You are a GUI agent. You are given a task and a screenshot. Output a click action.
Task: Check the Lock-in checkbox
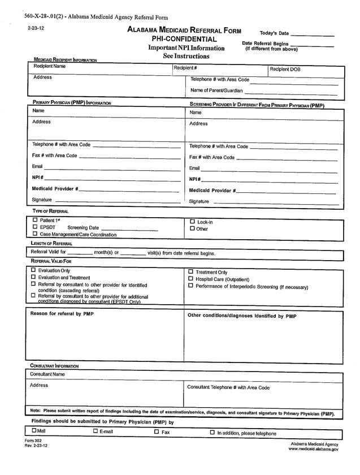coord(192,222)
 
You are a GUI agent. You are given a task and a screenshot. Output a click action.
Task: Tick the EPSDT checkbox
coord(35,227)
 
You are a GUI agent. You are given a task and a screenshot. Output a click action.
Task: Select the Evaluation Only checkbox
coord(33,270)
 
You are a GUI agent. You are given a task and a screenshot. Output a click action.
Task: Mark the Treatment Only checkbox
coord(190,272)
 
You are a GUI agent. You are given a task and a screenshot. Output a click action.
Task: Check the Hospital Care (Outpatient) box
coord(190,279)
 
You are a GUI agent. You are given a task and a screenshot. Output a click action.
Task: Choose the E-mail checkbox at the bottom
coord(95,432)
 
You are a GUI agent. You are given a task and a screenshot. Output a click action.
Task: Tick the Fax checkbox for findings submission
coord(157,432)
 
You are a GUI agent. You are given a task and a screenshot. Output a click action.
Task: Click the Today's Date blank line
coord(313,34)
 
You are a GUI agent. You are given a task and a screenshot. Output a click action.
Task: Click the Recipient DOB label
coord(285,69)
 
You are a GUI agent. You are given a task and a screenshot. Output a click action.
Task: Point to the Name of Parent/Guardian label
coord(216,90)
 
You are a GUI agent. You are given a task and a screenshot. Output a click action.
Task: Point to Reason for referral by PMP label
coord(62,314)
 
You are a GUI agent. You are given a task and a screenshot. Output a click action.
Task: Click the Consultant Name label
coord(47,374)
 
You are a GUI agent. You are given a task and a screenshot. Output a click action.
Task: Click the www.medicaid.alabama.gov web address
coord(313,449)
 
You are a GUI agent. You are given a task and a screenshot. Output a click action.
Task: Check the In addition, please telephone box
coord(212,433)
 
